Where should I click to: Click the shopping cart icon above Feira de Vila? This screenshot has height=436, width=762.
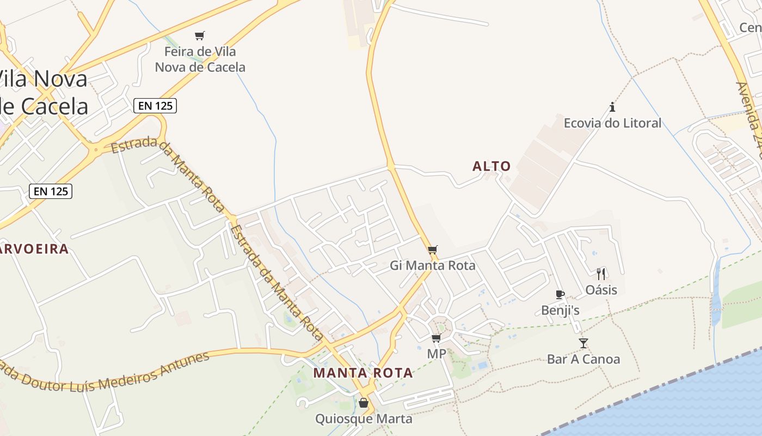(200, 36)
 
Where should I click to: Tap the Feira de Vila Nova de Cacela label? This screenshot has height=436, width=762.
(200, 59)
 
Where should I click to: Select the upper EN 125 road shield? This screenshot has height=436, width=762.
(155, 105)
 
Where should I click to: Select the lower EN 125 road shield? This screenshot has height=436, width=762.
(51, 191)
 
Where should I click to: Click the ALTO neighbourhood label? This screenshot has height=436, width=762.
(491, 166)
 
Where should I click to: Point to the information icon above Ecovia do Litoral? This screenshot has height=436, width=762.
(612, 107)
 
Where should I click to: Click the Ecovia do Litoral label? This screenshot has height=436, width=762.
(612, 123)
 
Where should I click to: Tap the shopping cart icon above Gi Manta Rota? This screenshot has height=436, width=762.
(433, 250)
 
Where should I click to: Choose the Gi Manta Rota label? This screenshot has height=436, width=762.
(433, 265)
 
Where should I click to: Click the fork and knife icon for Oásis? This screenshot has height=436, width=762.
(601, 274)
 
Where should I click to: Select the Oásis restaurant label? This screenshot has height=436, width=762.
(601, 289)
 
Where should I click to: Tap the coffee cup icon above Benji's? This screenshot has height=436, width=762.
(560, 295)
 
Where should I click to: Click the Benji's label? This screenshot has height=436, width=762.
(560, 310)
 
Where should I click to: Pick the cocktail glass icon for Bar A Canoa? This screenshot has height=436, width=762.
(583, 343)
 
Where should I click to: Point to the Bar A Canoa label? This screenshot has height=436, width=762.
(583, 359)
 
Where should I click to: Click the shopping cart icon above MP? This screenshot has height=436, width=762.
(436, 338)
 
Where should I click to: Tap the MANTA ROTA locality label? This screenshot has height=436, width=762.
(363, 373)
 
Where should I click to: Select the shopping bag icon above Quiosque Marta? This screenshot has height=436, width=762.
(364, 403)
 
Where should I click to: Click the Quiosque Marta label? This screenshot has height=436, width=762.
(364, 419)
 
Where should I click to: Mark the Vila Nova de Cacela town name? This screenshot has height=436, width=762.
(44, 93)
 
